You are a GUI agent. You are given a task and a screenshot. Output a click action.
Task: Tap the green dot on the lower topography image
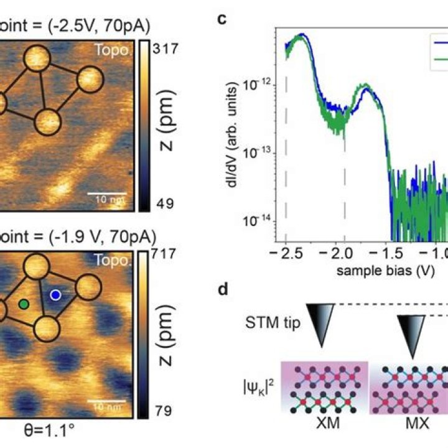pos(24,304)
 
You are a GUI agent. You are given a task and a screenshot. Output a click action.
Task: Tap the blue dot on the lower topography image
pos(56,294)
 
